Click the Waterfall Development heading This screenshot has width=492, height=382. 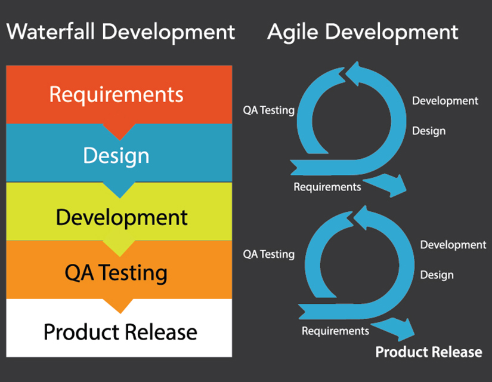coord(120,32)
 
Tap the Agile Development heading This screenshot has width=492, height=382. coord(363,32)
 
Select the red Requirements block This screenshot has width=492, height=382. coord(118,94)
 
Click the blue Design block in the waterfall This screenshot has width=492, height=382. coord(118,155)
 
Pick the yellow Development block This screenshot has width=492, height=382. coord(118,217)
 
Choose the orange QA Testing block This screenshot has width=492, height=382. coord(118,273)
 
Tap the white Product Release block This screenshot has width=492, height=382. coord(118,331)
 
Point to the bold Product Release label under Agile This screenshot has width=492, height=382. coord(428,352)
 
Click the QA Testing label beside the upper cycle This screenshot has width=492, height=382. coord(268,110)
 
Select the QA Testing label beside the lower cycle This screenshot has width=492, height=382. coord(268,254)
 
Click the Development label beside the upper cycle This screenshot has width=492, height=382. coord(445,101)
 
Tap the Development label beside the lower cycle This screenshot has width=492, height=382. coord(453,245)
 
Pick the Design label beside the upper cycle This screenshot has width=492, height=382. coord(429,131)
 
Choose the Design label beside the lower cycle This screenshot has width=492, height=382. coord(437,275)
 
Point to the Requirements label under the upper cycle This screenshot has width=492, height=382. coord(327,187)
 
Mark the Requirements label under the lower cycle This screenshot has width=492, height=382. coord(335,331)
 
